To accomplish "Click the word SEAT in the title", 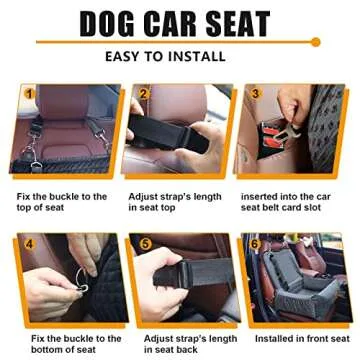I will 238,23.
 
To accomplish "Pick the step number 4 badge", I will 30,243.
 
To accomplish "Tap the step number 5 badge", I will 146,244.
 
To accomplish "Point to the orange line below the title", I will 180,43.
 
